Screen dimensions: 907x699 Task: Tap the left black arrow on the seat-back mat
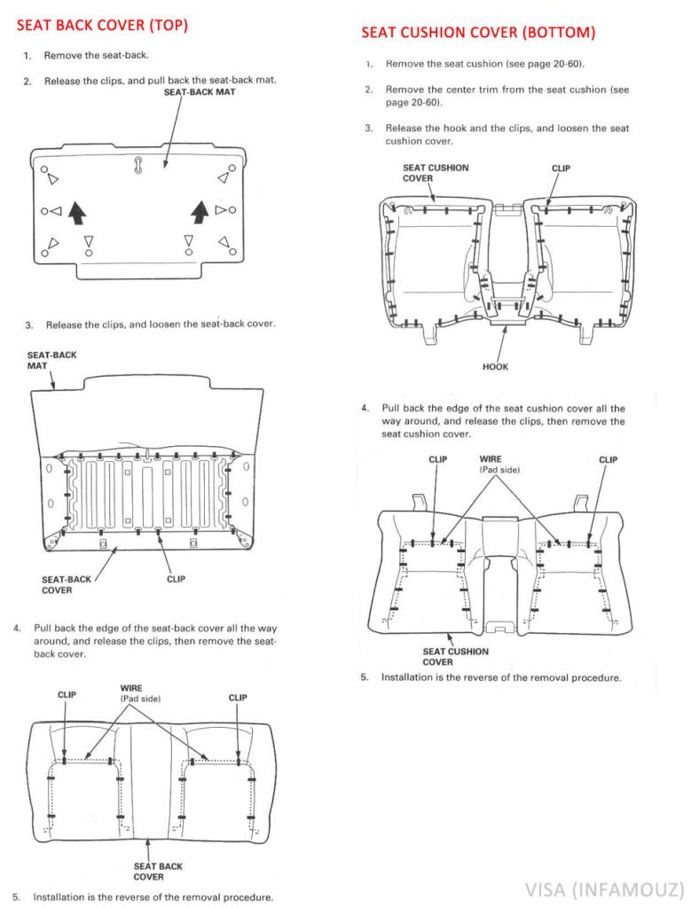click(x=78, y=212)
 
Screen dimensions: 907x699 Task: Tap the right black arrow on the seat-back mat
click(x=200, y=212)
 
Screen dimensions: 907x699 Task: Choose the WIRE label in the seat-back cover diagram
click(x=132, y=688)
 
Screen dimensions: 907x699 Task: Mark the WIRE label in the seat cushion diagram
click(x=478, y=459)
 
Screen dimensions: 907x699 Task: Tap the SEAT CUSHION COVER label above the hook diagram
click(x=436, y=172)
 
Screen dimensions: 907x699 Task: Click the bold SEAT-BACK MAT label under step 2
click(x=200, y=91)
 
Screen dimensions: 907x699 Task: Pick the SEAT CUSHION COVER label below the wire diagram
click(x=455, y=657)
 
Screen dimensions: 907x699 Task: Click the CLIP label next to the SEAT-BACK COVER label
click(x=176, y=579)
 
